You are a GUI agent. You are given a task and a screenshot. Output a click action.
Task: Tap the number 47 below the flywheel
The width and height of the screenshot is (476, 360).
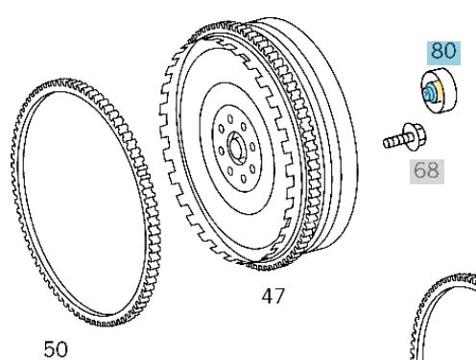(273, 297)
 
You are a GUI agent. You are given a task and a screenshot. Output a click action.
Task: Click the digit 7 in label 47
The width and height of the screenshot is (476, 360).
(280, 297)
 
